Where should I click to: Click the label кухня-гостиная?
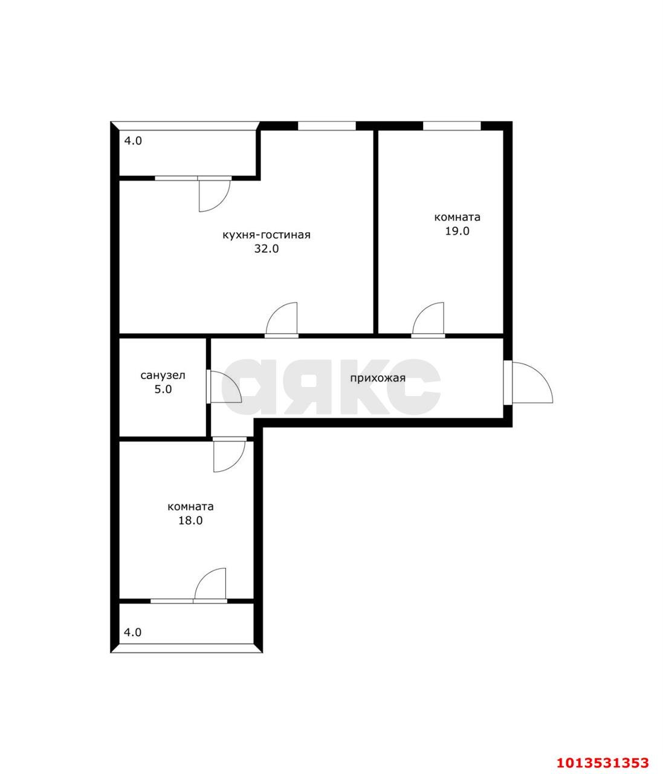point(266,235)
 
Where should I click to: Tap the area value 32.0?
point(266,249)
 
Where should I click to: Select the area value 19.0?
point(457,230)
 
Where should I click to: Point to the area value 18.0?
point(190,520)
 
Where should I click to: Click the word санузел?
point(163,375)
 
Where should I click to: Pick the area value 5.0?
point(163,389)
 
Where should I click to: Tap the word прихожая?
point(378,378)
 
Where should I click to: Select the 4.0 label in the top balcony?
point(133,141)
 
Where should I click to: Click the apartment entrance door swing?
point(532,382)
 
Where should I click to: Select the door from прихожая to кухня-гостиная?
point(282,318)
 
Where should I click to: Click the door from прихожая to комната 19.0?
point(428,318)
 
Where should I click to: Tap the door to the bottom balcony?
point(210,584)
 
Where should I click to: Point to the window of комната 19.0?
point(452,126)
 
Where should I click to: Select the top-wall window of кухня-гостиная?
point(326,126)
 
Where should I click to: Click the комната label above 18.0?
point(190,507)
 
